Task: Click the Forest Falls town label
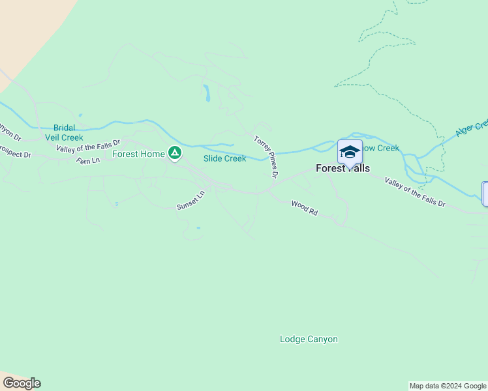[343, 168]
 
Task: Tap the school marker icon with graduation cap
[350, 153]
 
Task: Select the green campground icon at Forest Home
[174, 153]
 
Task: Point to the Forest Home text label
[138, 154]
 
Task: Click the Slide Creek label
[224, 158]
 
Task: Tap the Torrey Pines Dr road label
[267, 156]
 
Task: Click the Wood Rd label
[304, 209]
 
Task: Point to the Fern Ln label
[87, 160]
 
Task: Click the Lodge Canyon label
[309, 339]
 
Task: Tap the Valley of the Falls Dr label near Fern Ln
[89, 146]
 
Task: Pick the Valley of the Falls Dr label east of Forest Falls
[414, 192]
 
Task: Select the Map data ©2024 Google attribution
[448, 386]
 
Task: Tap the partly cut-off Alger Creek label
[472, 128]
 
